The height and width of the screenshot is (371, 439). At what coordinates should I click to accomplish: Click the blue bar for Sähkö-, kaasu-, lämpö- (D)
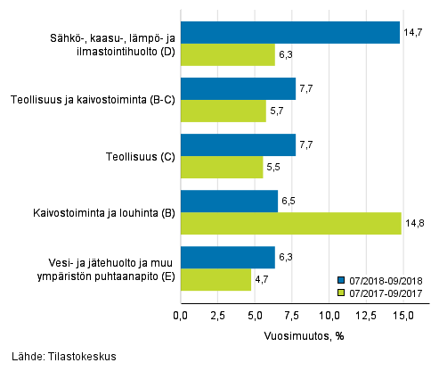click(289, 32)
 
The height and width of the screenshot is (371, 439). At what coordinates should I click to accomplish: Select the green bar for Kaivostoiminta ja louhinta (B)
click(290, 223)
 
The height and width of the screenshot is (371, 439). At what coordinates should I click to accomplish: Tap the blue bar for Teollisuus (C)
click(238, 144)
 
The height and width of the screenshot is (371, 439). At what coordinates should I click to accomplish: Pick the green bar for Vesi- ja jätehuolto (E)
click(215, 279)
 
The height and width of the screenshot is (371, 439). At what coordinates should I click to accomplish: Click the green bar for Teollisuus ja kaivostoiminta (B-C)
click(223, 111)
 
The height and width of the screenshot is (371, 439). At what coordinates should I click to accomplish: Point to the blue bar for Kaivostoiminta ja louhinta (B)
click(229, 201)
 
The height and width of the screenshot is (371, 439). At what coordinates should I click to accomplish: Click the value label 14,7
click(412, 32)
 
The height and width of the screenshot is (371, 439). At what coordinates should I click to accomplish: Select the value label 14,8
click(413, 224)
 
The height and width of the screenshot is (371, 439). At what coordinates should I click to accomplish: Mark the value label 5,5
click(276, 167)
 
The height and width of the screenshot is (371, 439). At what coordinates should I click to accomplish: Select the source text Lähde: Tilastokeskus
click(59, 357)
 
